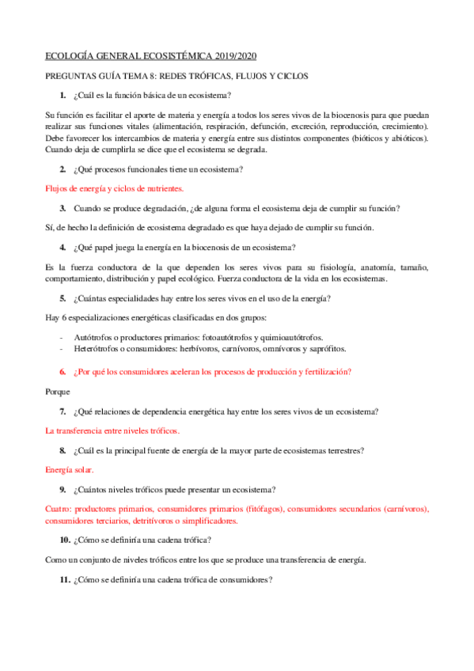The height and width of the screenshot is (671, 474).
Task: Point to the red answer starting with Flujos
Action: pyautogui.click(x=115, y=188)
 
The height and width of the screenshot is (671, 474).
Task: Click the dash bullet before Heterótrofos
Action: pyautogui.click(x=62, y=348)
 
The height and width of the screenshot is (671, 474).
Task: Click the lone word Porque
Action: pyautogui.click(x=58, y=391)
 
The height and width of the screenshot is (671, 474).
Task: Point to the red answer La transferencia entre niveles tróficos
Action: pyautogui.click(x=112, y=431)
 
